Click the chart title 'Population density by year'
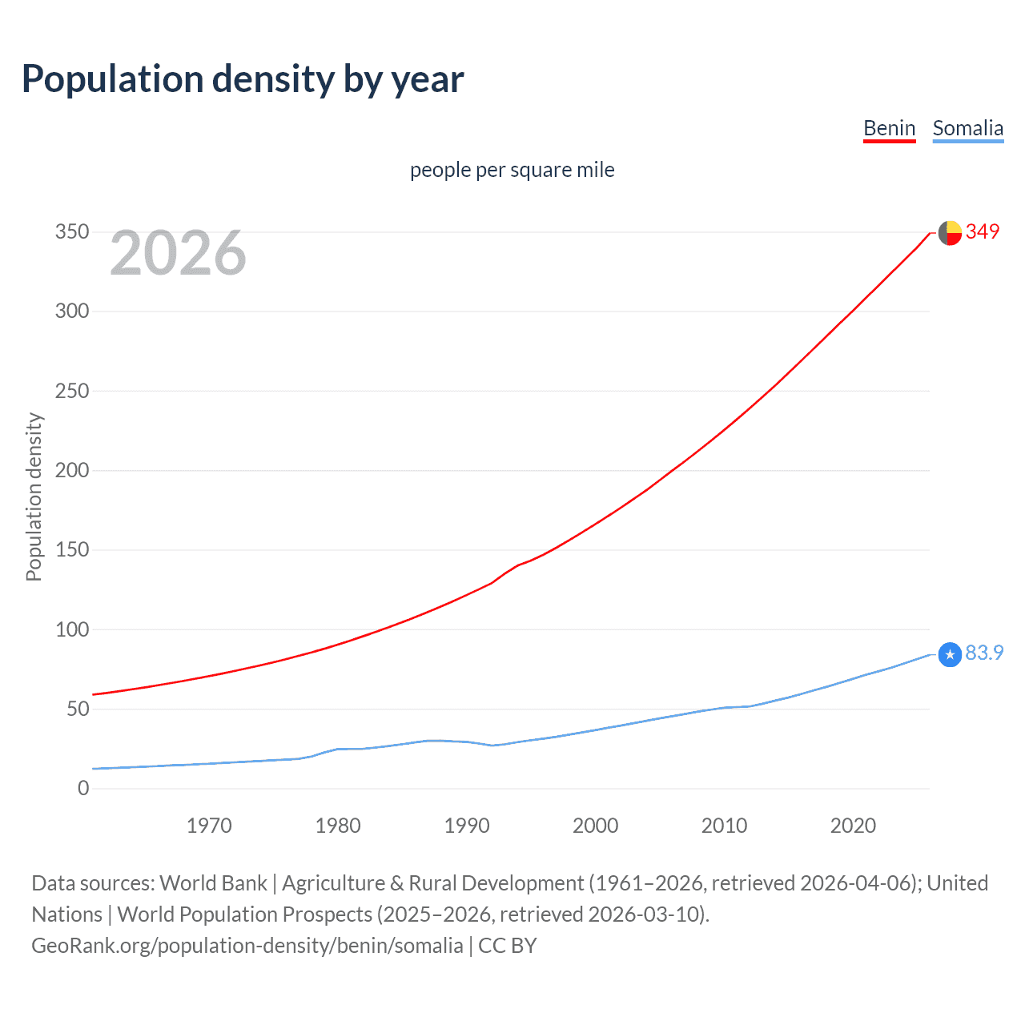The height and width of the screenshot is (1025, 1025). click(243, 79)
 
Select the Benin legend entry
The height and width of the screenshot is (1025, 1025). click(889, 128)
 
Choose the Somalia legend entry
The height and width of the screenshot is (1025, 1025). click(967, 128)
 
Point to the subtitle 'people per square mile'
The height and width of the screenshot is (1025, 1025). click(512, 170)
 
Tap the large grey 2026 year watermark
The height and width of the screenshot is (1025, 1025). click(178, 253)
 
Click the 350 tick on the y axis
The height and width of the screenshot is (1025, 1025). click(72, 232)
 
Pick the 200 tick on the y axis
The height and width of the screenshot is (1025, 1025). click(72, 470)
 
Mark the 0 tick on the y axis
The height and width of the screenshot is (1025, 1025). click(83, 788)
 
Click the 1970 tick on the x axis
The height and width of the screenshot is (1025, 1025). click(209, 826)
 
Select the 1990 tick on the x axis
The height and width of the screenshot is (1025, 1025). click(467, 826)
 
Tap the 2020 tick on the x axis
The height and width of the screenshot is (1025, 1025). click(853, 826)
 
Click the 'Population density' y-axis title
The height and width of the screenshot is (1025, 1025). click(34, 496)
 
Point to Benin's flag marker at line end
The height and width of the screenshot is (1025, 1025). click(950, 233)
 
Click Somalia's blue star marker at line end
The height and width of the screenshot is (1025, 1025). click(950, 655)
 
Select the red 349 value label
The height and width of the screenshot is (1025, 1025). click(983, 231)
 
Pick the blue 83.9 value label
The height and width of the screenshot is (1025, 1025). click(984, 653)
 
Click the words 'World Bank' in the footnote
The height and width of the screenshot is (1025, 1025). click(213, 883)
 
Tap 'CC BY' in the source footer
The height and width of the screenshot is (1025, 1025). click(507, 946)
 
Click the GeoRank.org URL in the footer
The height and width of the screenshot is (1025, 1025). click(247, 946)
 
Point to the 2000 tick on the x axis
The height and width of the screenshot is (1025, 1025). click(595, 826)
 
